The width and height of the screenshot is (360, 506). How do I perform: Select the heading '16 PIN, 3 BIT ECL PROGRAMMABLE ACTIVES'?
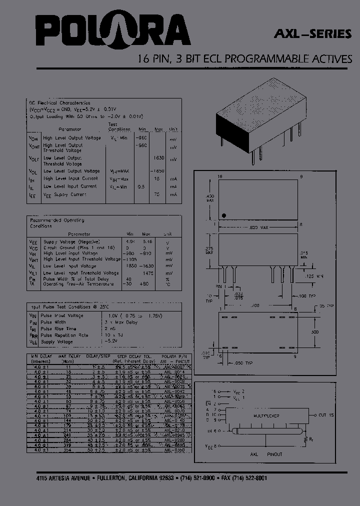pyautogui.click(x=245, y=59)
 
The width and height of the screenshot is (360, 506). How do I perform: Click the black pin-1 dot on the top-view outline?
pyautogui.click(x=224, y=216)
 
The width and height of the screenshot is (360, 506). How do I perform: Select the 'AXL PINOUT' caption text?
pyautogui.click(x=265, y=454)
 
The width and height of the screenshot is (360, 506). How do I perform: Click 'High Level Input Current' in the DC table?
pyautogui.click(x=70, y=178)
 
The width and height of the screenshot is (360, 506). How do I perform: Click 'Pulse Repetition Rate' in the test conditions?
pyautogui.click(x=65, y=335)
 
